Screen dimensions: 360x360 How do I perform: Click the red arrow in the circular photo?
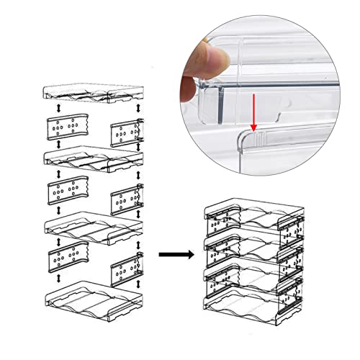253,112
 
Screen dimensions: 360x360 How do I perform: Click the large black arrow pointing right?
176,254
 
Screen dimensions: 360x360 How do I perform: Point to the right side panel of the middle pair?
125,199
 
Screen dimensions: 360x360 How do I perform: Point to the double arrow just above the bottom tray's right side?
138,288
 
